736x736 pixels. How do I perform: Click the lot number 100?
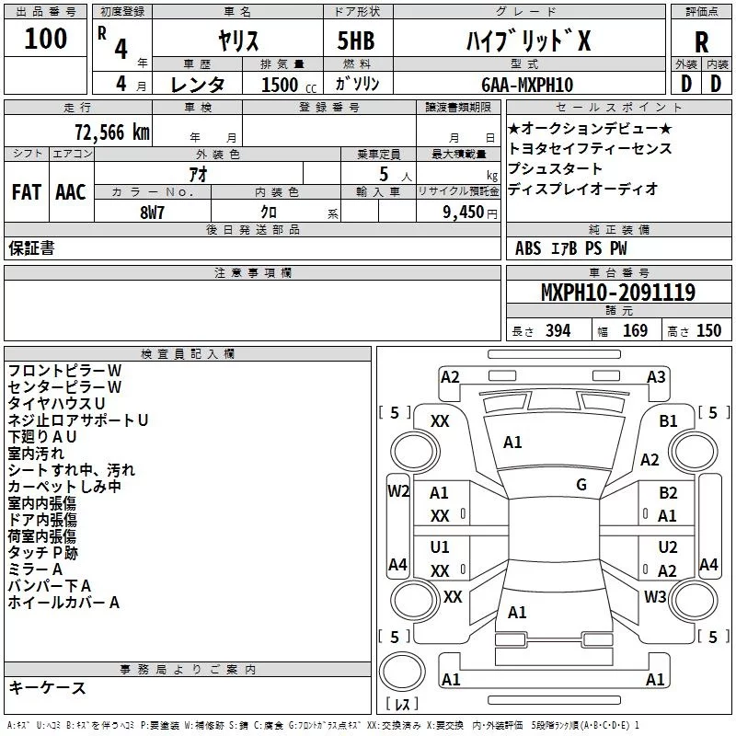tap(46, 39)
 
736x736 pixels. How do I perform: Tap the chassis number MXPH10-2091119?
tap(617, 293)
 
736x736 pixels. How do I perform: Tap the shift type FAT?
tap(26, 192)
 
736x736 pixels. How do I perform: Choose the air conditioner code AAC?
tap(71, 192)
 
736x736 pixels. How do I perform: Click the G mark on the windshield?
tap(581, 485)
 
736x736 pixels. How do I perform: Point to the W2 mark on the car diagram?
tap(397, 491)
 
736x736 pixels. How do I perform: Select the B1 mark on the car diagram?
tap(669, 420)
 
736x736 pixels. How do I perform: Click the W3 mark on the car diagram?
tap(655, 597)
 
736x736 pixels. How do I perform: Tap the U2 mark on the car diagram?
tap(668, 547)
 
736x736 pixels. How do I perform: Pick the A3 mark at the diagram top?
tap(656, 377)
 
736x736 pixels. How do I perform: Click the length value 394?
tap(558, 331)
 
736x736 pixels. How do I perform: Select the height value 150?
tap(708, 331)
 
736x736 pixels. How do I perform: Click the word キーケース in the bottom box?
tap(47, 688)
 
